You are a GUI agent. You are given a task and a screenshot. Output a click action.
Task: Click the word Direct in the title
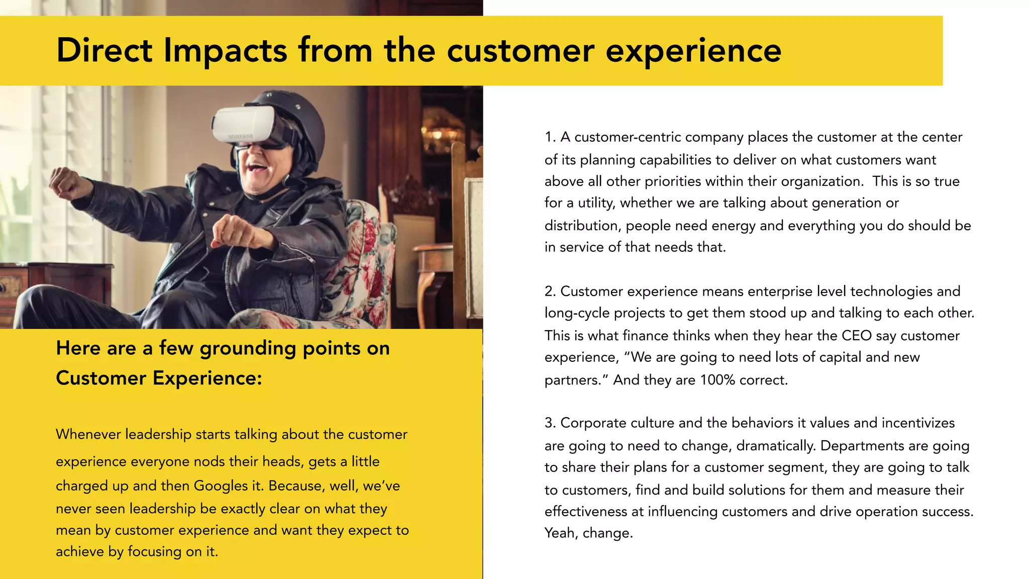(x=104, y=50)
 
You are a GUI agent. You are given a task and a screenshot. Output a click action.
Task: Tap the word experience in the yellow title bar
(x=693, y=51)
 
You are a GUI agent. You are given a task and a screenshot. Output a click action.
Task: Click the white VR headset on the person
(x=244, y=124)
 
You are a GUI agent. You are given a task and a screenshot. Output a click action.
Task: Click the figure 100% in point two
(x=717, y=380)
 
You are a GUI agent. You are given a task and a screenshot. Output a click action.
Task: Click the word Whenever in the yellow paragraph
(x=88, y=434)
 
